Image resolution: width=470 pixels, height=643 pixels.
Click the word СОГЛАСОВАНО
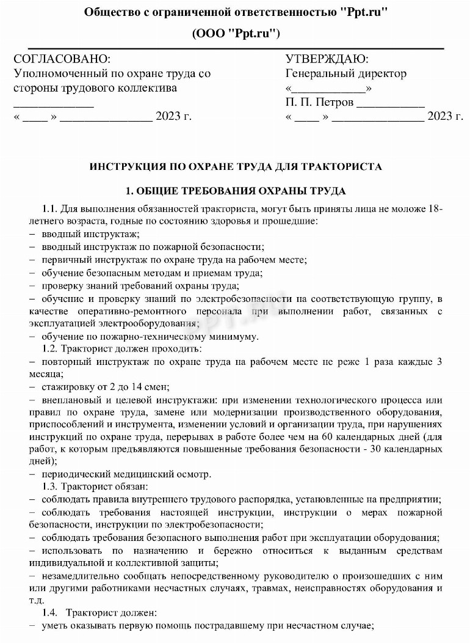point(62,59)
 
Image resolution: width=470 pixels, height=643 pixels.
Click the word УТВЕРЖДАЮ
point(327,59)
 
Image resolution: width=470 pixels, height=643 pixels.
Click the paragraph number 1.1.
point(50,209)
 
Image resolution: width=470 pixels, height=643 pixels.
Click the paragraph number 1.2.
point(50,348)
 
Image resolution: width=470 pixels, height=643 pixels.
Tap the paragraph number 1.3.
point(50,487)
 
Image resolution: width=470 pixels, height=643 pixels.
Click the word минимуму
point(237,336)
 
